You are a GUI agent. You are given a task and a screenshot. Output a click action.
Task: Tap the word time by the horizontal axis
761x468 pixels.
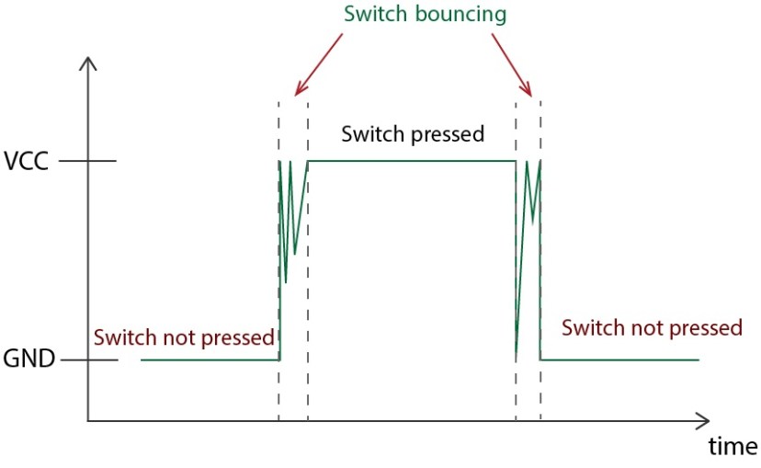[733, 447]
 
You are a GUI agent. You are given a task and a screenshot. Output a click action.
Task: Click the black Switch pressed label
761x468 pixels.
[413, 134]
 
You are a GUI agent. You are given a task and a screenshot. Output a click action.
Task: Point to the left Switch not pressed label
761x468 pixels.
[184, 337]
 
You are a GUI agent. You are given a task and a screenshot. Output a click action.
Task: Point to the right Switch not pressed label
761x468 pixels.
[652, 327]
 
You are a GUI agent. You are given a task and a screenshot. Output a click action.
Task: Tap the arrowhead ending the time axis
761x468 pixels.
[701, 422]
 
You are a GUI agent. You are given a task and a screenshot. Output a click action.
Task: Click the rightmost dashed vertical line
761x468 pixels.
[540, 276]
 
